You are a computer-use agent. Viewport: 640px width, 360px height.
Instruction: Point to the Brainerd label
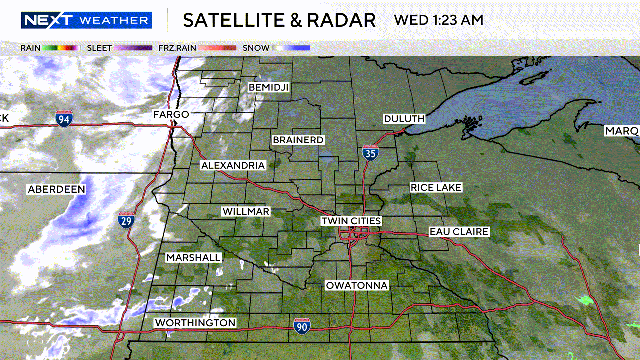point(298,140)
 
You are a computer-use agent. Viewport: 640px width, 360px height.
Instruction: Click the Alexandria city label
point(232,165)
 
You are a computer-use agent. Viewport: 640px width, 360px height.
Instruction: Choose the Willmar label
point(246,212)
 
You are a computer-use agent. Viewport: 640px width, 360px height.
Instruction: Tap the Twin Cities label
point(352,220)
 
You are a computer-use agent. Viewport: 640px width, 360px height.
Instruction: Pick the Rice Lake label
point(436,188)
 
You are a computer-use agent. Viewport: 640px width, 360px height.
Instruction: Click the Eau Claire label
point(459,232)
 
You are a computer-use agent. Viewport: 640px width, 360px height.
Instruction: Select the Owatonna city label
point(356,285)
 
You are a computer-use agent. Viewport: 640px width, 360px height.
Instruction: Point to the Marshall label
point(194,257)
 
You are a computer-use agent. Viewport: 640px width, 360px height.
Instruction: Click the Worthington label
point(195,323)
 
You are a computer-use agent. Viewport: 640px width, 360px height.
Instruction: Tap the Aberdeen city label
point(56,188)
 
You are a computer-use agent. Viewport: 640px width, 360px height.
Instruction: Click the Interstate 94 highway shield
point(64,120)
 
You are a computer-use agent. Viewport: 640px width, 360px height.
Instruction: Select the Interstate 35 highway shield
point(371,153)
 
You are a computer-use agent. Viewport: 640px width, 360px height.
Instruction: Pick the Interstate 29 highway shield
point(126,220)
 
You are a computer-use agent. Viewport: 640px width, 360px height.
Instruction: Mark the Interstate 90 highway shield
point(302,326)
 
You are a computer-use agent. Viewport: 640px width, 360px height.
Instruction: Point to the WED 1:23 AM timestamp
point(440,20)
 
